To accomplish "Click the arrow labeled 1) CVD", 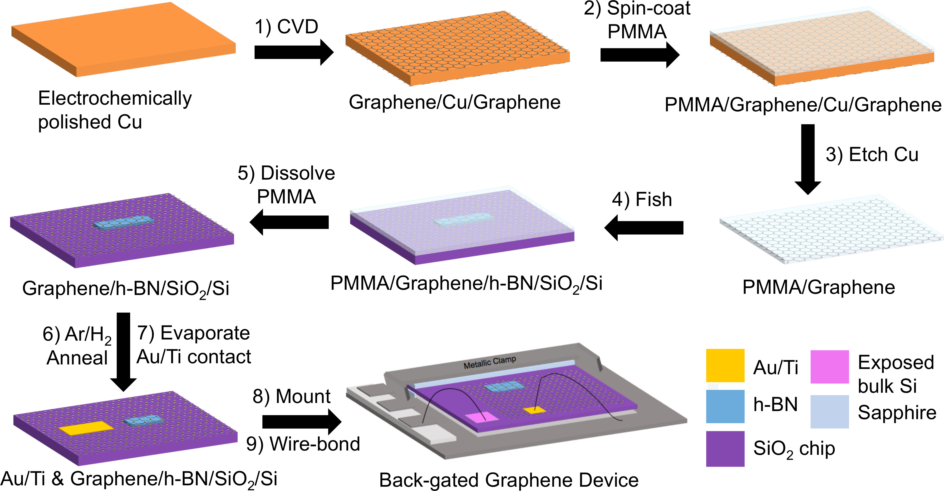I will click(293, 52).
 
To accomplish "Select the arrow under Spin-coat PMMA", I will click(639, 55).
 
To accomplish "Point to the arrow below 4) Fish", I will click(644, 228).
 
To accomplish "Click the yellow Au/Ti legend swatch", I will click(725, 365).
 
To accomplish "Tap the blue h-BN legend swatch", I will click(725, 406).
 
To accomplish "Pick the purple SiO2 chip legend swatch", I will click(725, 448).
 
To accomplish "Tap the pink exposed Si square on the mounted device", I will click(481, 417).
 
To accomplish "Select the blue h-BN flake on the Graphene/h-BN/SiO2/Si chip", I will click(123, 222).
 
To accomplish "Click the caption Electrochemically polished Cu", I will click(115, 110).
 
